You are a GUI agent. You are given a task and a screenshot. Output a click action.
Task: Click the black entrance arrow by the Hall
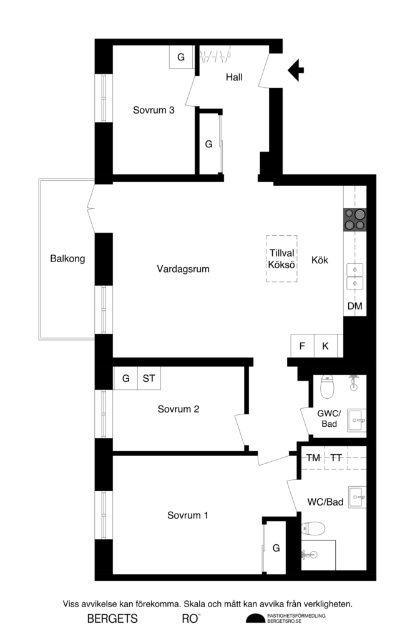[x=296, y=69]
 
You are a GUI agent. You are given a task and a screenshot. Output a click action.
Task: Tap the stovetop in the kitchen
[x=354, y=219]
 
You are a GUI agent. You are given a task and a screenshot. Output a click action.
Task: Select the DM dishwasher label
[x=354, y=306]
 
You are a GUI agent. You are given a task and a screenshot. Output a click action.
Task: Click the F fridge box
[x=302, y=346]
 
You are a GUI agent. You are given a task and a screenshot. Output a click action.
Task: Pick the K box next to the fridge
[x=325, y=346]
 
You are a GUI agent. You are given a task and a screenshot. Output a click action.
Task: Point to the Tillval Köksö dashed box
[x=281, y=258]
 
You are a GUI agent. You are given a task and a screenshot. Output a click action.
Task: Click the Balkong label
[x=67, y=258]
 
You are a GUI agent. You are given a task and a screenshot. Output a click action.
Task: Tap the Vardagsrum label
[x=183, y=270]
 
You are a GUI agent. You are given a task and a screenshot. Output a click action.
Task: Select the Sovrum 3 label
[x=154, y=110]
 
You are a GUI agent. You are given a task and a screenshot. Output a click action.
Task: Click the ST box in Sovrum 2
[x=149, y=378]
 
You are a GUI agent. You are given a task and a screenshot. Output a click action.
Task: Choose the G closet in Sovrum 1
[x=275, y=548]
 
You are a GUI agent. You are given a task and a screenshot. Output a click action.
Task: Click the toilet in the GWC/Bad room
[x=327, y=389]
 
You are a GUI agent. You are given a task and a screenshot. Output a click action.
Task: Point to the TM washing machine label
[x=313, y=458]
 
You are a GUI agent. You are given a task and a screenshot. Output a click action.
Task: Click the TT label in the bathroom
[x=336, y=458]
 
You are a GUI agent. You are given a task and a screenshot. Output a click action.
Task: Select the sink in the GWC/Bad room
[x=356, y=421]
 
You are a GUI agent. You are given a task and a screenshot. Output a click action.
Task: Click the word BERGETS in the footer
[x=112, y=619]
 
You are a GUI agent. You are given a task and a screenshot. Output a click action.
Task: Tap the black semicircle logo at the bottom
[x=255, y=618]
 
